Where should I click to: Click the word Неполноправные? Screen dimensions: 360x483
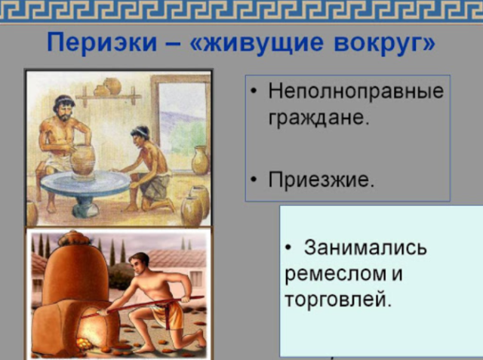pos(356,93)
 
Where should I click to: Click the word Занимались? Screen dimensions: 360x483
pos(365,248)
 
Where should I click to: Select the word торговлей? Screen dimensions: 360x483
pos(339,298)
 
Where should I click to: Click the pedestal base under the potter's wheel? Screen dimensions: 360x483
pos(87,205)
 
